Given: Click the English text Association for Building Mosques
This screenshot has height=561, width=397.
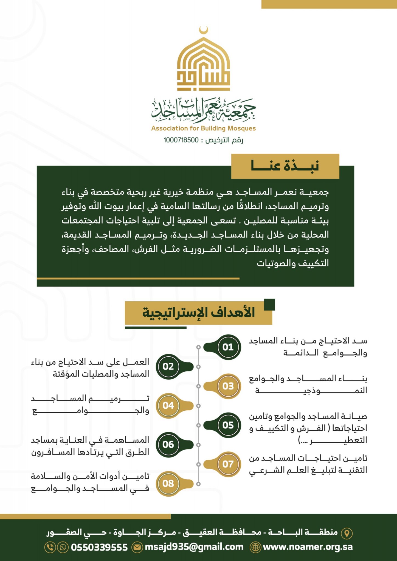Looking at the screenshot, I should point(203,128).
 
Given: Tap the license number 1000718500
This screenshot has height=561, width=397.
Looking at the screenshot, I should point(181,140).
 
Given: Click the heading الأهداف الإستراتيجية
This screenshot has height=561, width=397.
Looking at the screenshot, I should point(198,313).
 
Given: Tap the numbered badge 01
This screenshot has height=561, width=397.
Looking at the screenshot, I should point(228,347).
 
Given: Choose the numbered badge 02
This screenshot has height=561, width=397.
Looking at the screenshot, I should point(168,367).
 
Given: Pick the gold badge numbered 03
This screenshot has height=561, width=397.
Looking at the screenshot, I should point(228,386).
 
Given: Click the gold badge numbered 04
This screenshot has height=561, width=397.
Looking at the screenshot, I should point(168,405).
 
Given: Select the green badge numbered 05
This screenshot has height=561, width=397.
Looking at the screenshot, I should point(228,425).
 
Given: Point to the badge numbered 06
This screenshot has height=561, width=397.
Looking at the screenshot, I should point(168,445).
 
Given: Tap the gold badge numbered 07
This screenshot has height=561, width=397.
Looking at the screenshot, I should point(228,464).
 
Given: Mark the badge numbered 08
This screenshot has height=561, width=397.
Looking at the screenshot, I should point(168,483).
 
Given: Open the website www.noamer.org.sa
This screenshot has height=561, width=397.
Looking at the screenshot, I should point(308,547).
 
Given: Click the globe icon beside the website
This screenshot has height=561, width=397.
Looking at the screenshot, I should point(255,547).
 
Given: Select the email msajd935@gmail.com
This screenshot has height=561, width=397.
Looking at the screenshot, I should point(194,547).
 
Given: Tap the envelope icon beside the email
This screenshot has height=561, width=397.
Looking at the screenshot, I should point(137,547).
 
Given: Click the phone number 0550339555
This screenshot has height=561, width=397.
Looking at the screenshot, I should point(99,547).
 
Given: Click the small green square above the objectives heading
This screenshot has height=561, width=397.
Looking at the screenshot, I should point(269,305).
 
